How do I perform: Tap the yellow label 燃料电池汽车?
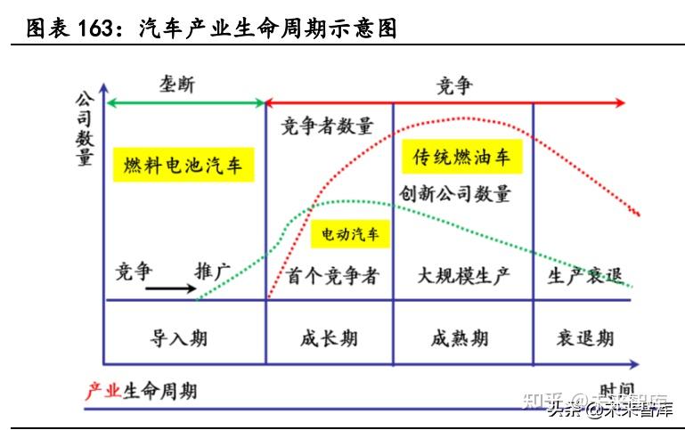(183, 166)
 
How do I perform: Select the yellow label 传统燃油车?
(461, 158)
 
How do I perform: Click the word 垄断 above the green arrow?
(176, 85)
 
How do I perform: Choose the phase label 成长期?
(329, 337)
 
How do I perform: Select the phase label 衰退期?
(585, 337)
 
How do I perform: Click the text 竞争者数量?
(327, 126)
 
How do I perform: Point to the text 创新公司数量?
(455, 193)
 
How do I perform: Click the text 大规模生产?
(463, 276)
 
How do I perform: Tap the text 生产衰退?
(584, 276)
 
